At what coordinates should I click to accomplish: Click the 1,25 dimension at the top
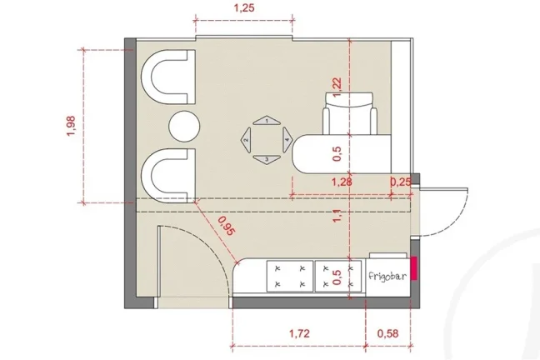pos(244,7)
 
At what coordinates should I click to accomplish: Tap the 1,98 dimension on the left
pos(71,126)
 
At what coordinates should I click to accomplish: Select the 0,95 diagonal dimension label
pos(227,226)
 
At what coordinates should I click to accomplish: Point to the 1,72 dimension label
pos(299,333)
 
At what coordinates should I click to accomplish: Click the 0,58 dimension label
pos(387,333)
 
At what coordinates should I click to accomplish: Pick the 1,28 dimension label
pos(342,182)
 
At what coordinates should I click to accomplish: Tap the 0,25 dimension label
pos(401,182)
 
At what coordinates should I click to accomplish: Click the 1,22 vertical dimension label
pos(337,87)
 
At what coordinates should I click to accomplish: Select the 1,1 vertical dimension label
pos(337,215)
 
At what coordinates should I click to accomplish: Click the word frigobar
pos(387,276)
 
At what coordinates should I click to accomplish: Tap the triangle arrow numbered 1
pos(267,120)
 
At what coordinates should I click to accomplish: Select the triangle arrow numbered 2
pos(246,140)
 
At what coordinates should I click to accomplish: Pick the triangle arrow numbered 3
pos(267,160)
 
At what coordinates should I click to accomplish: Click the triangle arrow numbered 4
pos(287,140)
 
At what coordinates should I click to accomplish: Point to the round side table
pos(185,126)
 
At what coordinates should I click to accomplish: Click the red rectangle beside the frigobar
pos(414,267)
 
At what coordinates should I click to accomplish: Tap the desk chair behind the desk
pos(349,113)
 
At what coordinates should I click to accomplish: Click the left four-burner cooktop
pos(290,276)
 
